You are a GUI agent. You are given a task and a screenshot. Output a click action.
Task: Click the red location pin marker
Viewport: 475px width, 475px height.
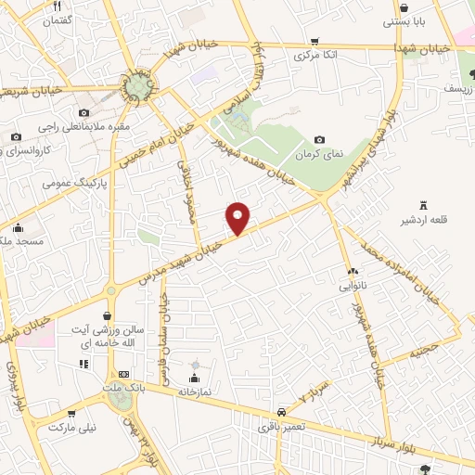tap(238, 218)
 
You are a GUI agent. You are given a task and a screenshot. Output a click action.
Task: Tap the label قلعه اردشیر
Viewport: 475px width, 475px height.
tap(424, 220)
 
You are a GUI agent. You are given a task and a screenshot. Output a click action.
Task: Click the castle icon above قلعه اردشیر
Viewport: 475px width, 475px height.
tap(424, 205)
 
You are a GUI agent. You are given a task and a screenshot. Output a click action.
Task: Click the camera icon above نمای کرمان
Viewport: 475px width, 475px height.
tap(320, 139)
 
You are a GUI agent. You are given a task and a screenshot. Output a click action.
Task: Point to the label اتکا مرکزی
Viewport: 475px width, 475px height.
tap(315, 56)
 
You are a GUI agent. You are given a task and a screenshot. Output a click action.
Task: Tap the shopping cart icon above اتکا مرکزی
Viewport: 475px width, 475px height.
tap(315, 41)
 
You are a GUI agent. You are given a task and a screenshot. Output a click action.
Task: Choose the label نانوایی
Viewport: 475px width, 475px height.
tap(353, 287)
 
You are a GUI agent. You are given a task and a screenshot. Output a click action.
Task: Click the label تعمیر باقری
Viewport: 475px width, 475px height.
tap(279, 428)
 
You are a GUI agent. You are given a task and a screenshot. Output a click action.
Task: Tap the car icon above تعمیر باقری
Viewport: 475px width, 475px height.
tap(279, 412)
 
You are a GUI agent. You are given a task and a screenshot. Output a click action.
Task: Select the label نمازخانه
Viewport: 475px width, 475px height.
tap(195, 392)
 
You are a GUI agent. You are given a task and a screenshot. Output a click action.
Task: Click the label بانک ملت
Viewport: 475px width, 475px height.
tap(123, 385)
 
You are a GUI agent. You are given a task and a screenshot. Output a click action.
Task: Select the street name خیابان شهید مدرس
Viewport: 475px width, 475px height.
tap(194, 249)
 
